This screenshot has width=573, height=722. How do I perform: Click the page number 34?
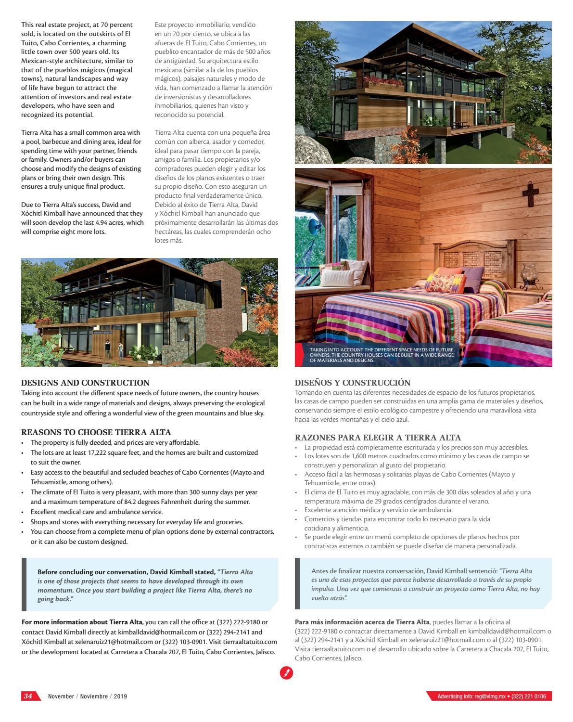click(28, 696)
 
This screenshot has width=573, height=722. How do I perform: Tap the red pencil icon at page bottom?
click(286, 673)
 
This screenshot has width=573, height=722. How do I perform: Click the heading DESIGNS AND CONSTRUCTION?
click(85, 383)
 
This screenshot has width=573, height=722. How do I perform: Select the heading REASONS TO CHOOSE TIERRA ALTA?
click(96, 432)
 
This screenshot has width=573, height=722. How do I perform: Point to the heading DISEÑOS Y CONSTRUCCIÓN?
click(353, 383)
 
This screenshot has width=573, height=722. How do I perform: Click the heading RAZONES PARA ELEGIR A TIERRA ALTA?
click(378, 438)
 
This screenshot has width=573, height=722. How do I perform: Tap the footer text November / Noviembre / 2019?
click(88, 696)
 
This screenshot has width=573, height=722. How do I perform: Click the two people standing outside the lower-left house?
click(114, 349)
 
